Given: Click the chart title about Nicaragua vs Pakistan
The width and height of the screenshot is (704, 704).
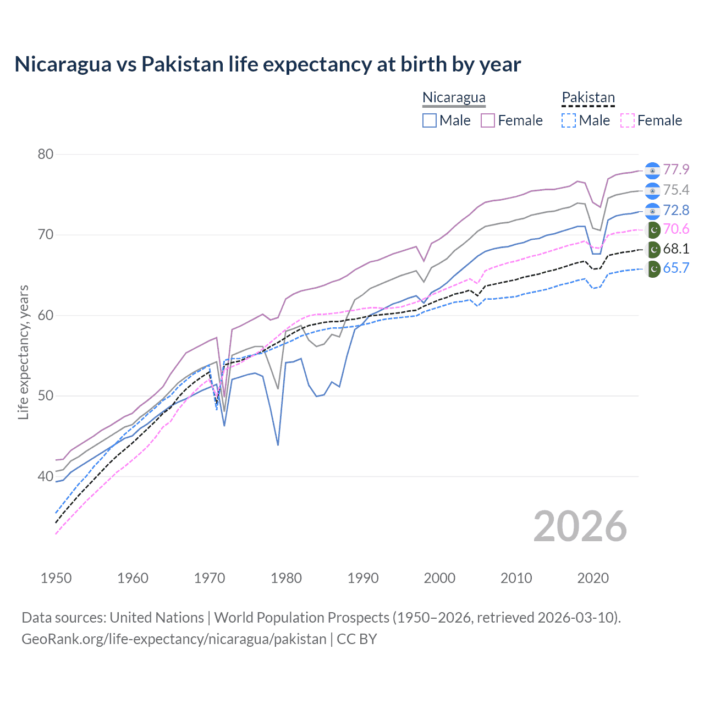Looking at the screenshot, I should (x=267, y=64).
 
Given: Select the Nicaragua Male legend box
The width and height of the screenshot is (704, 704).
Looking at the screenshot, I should (x=430, y=120).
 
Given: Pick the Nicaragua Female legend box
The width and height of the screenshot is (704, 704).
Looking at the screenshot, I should (x=488, y=120).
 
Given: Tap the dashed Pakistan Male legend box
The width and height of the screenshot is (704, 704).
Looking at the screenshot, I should (x=569, y=120).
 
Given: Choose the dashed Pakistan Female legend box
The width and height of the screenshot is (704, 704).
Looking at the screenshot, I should (x=627, y=120).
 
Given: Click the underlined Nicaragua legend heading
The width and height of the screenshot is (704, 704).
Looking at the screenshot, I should (x=454, y=98).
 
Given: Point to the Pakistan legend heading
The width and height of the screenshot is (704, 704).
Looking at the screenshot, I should (x=588, y=98).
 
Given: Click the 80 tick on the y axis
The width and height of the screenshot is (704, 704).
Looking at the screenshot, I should (x=46, y=154).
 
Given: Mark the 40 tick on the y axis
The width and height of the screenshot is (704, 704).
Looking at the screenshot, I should (x=46, y=476).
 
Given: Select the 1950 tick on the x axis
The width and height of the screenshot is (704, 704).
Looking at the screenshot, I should (x=56, y=578).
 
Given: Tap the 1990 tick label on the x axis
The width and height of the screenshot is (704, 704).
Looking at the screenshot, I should (x=363, y=578).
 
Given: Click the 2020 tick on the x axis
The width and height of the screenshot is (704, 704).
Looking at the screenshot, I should (x=593, y=578).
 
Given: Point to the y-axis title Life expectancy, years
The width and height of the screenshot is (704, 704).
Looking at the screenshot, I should (x=23, y=352).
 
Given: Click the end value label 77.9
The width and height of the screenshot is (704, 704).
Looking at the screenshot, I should (x=676, y=169).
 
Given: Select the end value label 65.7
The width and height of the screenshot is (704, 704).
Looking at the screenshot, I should (x=676, y=268).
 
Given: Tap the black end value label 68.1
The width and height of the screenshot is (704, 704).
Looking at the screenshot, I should (x=676, y=249).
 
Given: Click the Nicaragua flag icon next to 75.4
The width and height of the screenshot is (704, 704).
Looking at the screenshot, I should (x=652, y=190).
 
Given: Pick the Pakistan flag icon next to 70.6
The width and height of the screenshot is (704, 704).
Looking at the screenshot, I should (x=653, y=229).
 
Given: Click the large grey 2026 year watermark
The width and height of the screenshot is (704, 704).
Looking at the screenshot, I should (x=580, y=526).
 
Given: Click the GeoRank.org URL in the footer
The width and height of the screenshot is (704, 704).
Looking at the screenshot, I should (x=174, y=639).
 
